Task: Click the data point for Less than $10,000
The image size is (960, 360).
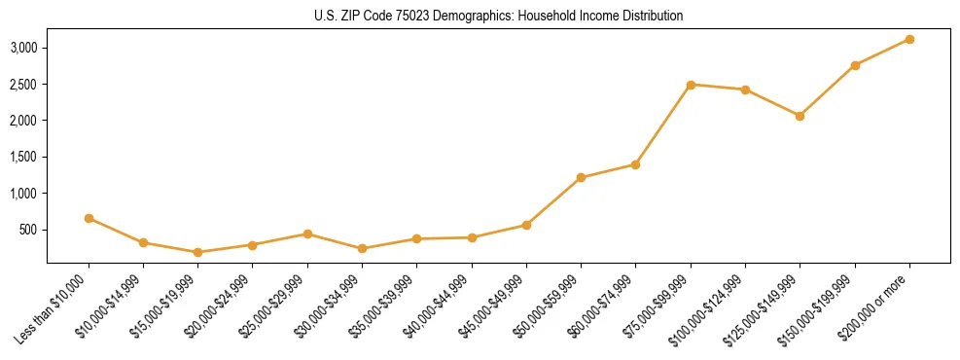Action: point(89,219)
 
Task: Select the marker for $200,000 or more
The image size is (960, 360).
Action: point(909,40)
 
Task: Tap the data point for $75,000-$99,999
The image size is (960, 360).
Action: point(691,85)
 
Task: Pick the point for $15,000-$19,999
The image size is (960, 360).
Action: point(198,252)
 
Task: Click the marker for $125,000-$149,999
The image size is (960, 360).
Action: point(800,116)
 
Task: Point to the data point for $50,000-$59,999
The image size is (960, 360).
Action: point(581,178)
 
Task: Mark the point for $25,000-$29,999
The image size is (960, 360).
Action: point(307,234)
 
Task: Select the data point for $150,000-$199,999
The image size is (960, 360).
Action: point(855,65)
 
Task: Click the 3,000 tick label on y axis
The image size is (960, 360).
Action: point(24,48)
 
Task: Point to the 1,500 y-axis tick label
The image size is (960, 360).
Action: point(24,158)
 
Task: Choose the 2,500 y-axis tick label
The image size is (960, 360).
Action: point(24,85)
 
